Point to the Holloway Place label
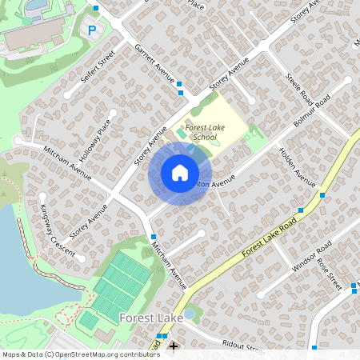(95, 141)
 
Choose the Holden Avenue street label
(298, 166)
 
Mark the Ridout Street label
(242, 346)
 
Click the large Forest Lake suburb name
(151, 318)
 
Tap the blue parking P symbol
(92, 30)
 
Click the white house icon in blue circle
(180, 173)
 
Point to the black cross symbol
(174, 346)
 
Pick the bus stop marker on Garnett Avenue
(180, 83)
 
